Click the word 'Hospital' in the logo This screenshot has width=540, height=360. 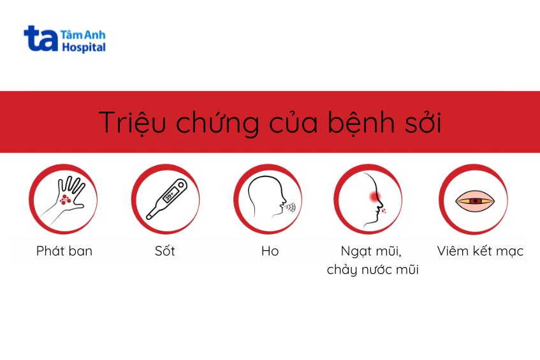[x=84, y=47]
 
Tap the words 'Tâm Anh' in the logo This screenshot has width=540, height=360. [x=83, y=34]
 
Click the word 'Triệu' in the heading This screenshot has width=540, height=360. [x=127, y=122]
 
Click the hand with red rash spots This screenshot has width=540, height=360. [x=67, y=197]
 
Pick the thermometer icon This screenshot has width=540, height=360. [x=166, y=199]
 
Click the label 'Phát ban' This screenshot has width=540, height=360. [x=64, y=251]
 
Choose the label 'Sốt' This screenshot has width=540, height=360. [x=164, y=251]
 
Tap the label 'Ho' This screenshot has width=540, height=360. [x=270, y=251]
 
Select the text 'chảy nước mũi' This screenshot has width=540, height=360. [x=373, y=270]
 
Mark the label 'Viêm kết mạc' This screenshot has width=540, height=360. [x=480, y=251]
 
